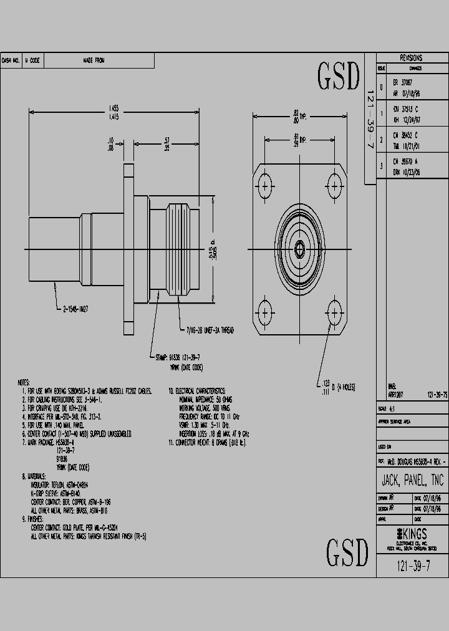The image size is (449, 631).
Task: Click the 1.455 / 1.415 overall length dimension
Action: [x=115, y=112]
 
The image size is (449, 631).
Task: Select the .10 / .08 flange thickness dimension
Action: [x=110, y=145]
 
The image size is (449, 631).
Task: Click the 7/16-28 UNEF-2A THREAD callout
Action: [x=209, y=329]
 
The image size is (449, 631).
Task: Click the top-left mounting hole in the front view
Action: [x=266, y=185]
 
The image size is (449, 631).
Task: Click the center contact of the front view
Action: [x=300, y=249]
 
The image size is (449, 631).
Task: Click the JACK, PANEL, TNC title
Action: [x=412, y=481]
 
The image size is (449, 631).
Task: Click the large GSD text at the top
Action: [x=339, y=77]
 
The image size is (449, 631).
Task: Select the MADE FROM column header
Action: [x=94, y=60]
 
